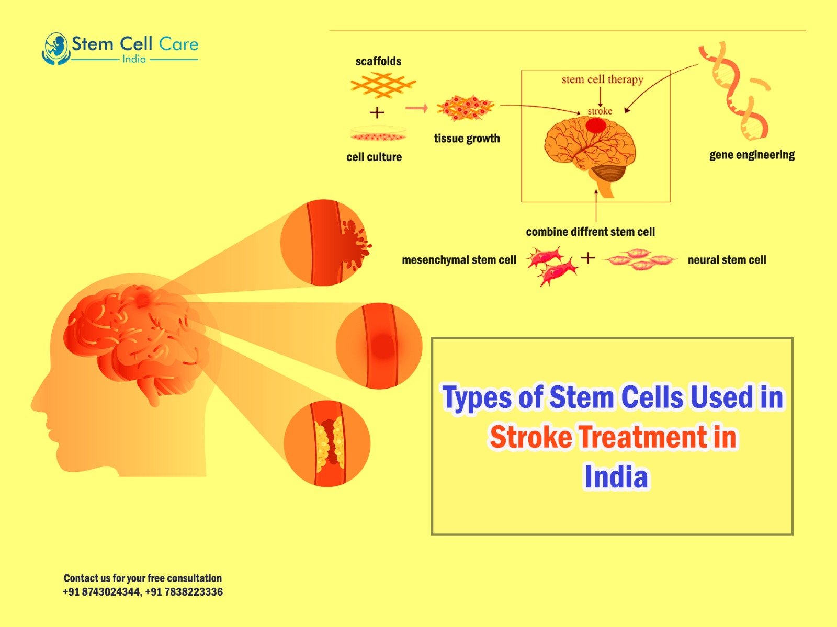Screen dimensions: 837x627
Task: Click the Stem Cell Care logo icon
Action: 55,49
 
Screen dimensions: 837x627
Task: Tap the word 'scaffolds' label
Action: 378,61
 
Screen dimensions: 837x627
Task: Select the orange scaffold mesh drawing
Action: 383,85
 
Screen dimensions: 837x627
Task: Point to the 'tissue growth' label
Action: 467,139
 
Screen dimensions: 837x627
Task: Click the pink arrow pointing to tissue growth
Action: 416,109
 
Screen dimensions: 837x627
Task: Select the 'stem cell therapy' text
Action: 603,79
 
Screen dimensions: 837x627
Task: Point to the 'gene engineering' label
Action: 752,155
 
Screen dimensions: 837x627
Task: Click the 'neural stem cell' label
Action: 727,260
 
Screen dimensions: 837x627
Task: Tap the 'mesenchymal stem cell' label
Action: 459,260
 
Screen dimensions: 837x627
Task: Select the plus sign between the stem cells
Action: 587,258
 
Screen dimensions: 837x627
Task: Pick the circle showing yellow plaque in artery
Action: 327,443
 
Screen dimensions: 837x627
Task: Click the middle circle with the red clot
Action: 379,346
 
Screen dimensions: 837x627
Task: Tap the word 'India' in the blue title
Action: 616,477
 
